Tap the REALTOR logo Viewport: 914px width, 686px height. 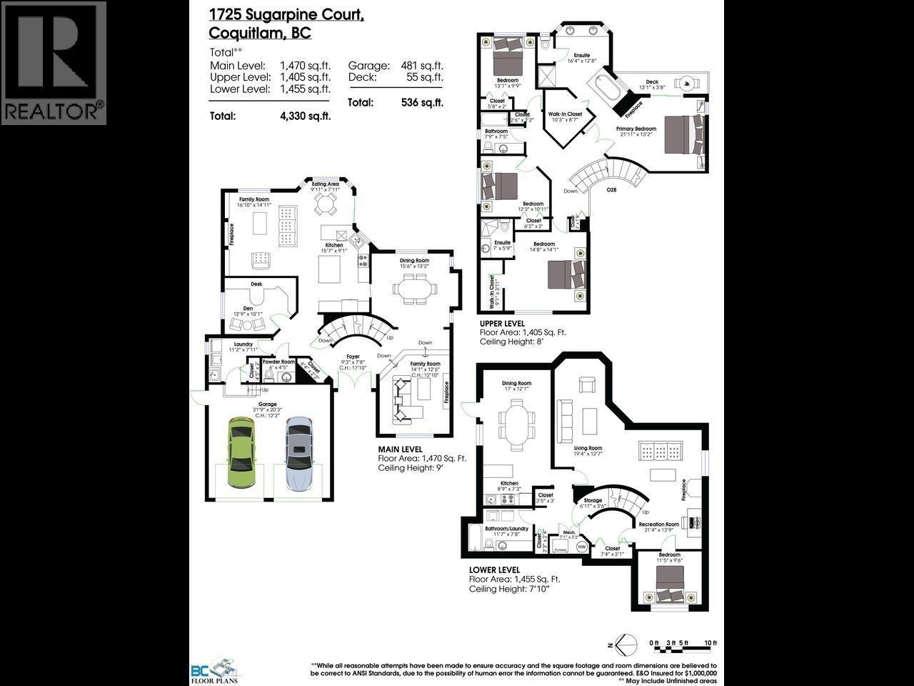pyautogui.click(x=54, y=63)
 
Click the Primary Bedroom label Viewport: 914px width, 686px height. pyautogui.click(x=636, y=129)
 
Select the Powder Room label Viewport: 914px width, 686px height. pyautogui.click(x=278, y=362)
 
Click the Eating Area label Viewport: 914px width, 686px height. pyautogui.click(x=325, y=184)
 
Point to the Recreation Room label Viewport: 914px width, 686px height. pyautogui.click(x=658, y=525)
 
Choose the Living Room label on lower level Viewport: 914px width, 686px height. pyautogui.click(x=588, y=449)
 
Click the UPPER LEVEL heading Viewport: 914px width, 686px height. pyautogui.click(x=502, y=324)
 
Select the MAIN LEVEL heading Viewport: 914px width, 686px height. pyautogui.click(x=400, y=449)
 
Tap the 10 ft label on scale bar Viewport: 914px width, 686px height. pyautogui.click(x=710, y=643)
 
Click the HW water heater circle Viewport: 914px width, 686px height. pyautogui.click(x=582, y=547)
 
